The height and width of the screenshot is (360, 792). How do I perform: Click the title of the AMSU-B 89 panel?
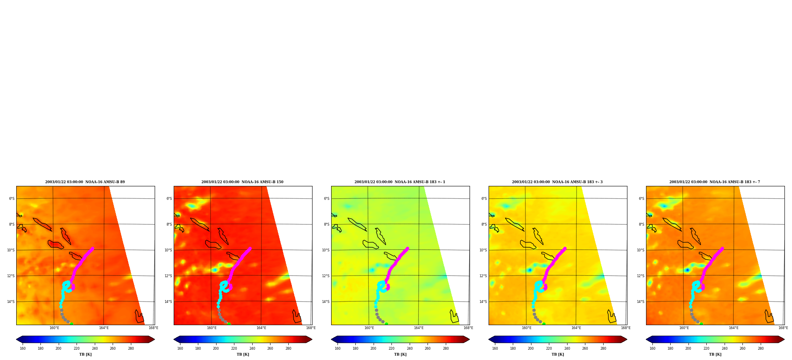click(x=85, y=182)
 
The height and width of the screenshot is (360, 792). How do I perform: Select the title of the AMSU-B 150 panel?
click(x=242, y=182)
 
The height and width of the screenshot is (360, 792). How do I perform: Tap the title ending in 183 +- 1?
click(x=400, y=182)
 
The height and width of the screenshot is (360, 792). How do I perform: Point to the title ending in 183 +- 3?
click(x=557, y=182)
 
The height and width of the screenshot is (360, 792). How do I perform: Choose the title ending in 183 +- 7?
click(x=715, y=182)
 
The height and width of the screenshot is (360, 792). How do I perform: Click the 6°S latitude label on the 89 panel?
click(x=12, y=199)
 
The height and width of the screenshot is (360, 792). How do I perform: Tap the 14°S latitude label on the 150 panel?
click(x=168, y=302)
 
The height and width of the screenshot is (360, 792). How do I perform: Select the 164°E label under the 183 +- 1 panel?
click(x=419, y=328)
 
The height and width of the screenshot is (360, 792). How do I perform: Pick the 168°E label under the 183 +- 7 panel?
click(x=783, y=328)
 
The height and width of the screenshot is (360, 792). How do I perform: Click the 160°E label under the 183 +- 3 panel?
click(x=527, y=328)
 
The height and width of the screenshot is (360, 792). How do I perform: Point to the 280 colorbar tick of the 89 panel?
click(x=131, y=349)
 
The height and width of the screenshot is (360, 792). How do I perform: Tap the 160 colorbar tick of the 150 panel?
click(x=180, y=349)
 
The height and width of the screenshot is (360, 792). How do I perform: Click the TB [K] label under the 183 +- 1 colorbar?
click(x=400, y=354)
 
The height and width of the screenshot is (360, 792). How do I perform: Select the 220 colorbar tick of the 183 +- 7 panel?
click(x=706, y=349)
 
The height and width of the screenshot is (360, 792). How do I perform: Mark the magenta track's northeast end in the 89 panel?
click(x=92, y=249)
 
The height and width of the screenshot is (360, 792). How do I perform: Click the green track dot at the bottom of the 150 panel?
click(x=229, y=324)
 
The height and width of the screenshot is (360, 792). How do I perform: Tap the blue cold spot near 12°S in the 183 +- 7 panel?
click(x=687, y=270)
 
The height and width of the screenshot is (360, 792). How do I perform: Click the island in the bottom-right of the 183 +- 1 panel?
click(x=454, y=317)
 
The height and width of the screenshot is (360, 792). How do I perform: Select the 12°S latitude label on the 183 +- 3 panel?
click(x=483, y=276)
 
